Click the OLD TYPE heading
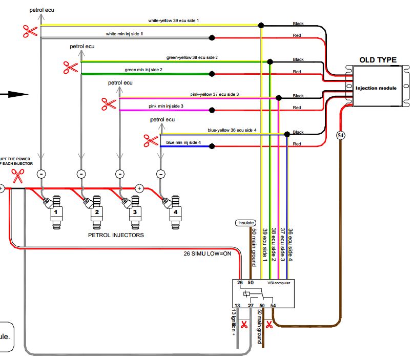378,60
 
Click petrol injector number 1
56,212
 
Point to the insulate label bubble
245,223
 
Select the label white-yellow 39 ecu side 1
173,20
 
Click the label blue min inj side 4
183,142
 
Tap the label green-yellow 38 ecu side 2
192,57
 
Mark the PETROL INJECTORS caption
116,236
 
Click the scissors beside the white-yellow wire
30,31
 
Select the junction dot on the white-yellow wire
261,25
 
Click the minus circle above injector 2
80,174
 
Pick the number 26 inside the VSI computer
240,283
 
